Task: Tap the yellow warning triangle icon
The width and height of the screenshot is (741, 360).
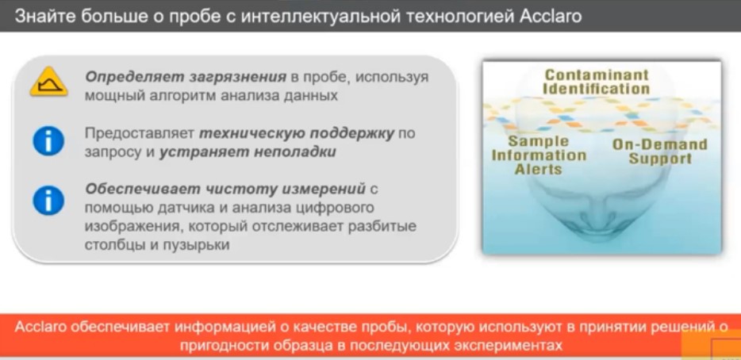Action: click(x=48, y=82)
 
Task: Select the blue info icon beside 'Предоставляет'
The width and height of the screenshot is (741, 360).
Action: click(x=48, y=140)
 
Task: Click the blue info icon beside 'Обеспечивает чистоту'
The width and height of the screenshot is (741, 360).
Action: click(x=48, y=200)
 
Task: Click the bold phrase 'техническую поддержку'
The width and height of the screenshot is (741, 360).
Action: click(x=296, y=132)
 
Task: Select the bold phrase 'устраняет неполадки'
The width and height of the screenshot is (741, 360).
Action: click(x=247, y=151)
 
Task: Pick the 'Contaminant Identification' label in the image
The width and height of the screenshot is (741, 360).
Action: click(x=596, y=82)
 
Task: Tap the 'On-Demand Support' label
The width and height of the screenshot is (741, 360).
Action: click(x=659, y=151)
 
